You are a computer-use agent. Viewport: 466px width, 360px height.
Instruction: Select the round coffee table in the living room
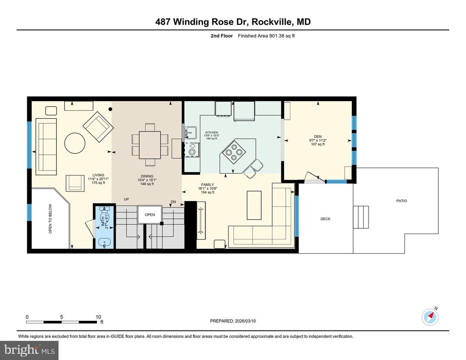coord(75,143)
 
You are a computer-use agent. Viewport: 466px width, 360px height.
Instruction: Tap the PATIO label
coord(401,201)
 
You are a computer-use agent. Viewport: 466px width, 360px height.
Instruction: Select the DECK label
coord(325,219)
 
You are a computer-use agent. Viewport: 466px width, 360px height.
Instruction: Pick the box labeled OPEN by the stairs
coord(150,215)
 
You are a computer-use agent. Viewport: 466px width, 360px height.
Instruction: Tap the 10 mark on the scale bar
coord(98,317)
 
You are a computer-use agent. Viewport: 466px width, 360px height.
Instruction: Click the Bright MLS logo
coord(30,350)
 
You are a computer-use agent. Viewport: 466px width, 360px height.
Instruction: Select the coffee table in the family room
coord(254,205)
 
